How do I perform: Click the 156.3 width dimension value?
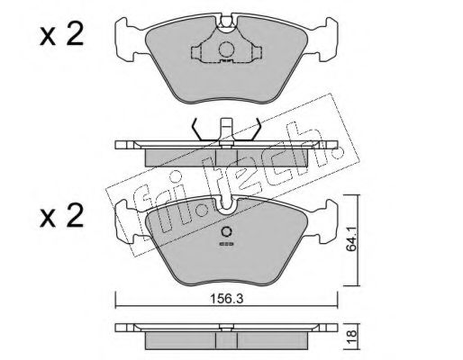[226, 299]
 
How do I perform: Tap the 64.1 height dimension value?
[351, 238]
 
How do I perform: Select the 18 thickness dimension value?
[351, 333]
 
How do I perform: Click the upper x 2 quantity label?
[61, 35]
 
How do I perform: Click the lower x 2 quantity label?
[61, 215]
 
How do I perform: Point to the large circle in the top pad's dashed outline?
[226, 49]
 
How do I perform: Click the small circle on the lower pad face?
[226, 232]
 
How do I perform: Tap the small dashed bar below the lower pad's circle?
[226, 244]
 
